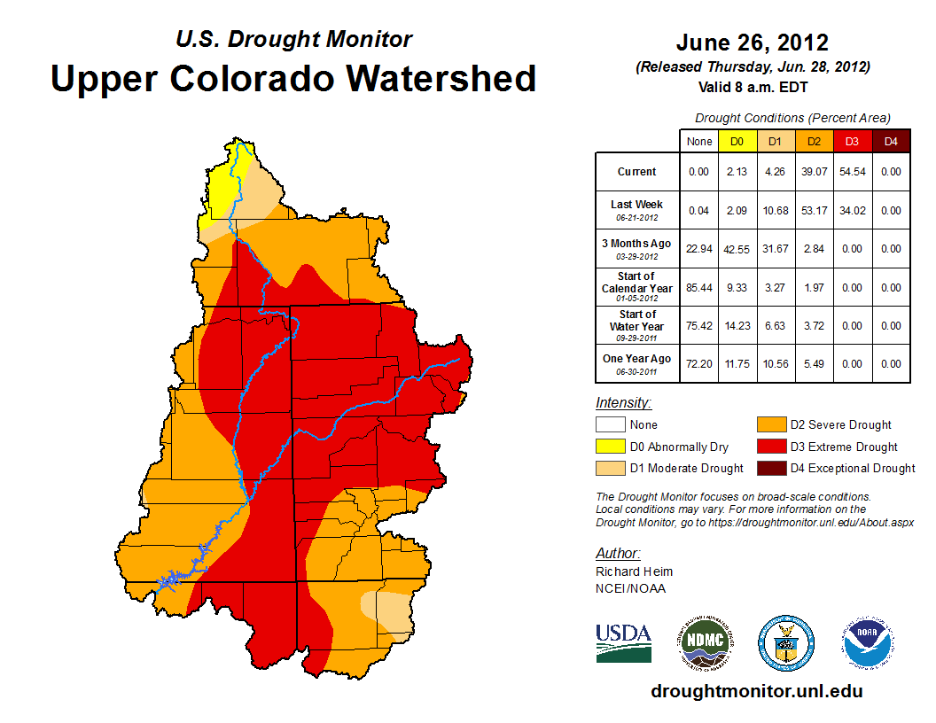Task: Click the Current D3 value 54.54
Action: click(852, 172)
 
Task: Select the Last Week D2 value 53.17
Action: click(814, 210)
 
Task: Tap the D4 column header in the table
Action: click(890, 141)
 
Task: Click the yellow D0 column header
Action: click(737, 141)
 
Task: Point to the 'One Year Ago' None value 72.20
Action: click(698, 363)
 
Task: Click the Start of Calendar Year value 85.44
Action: click(698, 287)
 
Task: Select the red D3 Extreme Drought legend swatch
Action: click(770, 447)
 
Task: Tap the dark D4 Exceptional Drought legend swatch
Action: click(770, 468)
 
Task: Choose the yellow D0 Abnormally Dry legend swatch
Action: click(610, 447)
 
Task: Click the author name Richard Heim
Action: click(634, 571)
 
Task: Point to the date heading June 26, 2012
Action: click(752, 43)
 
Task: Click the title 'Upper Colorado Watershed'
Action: click(293, 78)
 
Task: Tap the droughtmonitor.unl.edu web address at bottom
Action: click(756, 691)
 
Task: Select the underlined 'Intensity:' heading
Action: click(623, 402)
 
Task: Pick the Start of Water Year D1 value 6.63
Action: click(775, 325)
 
